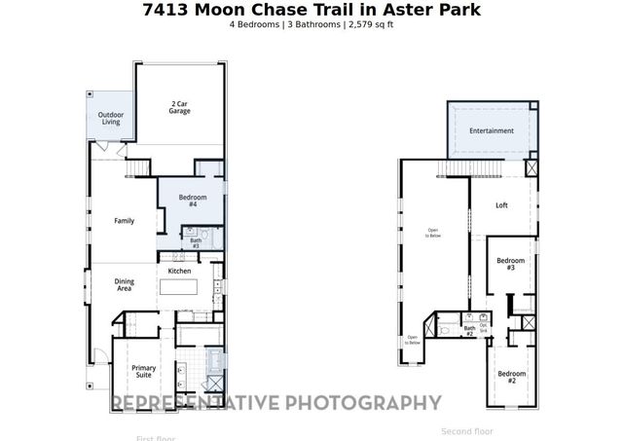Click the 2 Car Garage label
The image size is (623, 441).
179,107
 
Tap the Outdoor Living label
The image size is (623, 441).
111,119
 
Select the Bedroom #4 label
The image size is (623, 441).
193,201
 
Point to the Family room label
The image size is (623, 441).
124,221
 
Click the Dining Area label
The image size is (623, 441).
125,285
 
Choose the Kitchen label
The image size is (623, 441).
180,271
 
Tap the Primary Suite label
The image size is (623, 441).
144,371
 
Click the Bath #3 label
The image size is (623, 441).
196,243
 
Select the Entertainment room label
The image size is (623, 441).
491,130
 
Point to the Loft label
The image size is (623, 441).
501,205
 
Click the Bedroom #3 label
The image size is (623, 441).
511,263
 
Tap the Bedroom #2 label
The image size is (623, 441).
511,377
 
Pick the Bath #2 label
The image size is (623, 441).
469,331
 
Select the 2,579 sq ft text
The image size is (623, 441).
370,23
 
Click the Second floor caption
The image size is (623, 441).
467,431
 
